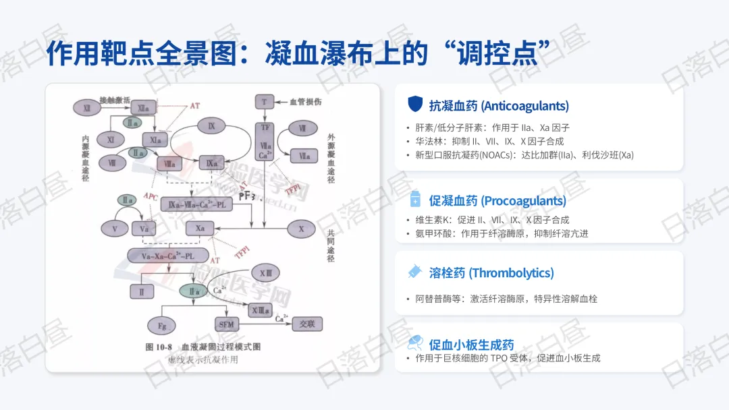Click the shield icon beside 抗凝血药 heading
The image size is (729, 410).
(x=414, y=104)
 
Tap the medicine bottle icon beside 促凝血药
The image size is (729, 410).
(x=414, y=200)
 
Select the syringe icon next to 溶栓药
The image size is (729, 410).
(x=414, y=272)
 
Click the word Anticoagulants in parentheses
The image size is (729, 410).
(x=524, y=106)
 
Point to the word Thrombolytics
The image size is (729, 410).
(x=511, y=273)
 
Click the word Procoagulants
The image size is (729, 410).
(x=523, y=201)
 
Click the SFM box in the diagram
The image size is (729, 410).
(x=227, y=324)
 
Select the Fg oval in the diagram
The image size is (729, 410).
(x=162, y=325)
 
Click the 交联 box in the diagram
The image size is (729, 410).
(x=307, y=324)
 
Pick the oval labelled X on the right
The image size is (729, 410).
(x=301, y=229)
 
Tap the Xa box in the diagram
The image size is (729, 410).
(x=200, y=229)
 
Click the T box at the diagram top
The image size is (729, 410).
(x=263, y=101)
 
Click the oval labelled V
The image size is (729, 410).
(x=115, y=229)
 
